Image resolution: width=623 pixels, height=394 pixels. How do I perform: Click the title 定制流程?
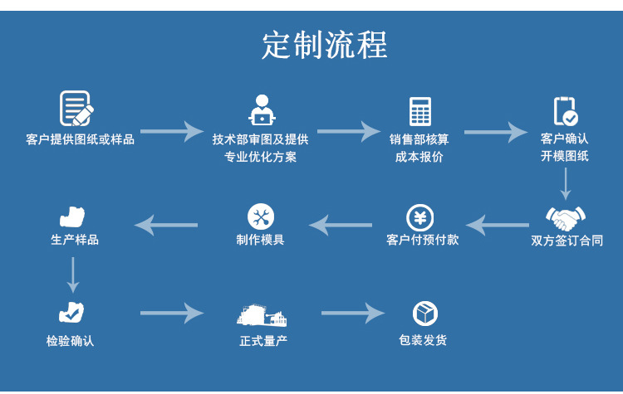(324, 45)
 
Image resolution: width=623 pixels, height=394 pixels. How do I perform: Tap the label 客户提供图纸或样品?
(81, 139)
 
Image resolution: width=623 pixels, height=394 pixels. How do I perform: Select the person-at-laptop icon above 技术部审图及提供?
(262, 109)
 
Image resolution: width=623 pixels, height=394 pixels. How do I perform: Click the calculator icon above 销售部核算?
(420, 111)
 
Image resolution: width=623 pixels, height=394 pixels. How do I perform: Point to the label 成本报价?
(419, 157)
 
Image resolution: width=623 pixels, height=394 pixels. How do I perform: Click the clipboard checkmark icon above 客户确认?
(565, 111)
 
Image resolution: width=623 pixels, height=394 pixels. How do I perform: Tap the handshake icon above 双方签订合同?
(566, 218)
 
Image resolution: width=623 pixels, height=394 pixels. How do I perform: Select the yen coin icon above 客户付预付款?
(420, 218)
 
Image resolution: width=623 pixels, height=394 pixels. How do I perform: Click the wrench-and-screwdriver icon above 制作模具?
(261, 217)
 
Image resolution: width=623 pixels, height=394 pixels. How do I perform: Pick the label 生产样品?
(75, 240)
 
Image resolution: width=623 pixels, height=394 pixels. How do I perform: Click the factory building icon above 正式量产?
(262, 314)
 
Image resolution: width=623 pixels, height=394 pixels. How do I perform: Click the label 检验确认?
(71, 341)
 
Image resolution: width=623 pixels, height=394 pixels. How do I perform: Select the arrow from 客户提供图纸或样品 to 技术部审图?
(171, 131)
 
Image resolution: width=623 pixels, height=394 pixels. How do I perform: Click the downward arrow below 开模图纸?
(565, 183)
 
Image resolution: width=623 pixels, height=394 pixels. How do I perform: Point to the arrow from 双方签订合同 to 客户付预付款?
(497, 224)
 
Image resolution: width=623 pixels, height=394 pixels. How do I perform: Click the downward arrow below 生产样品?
(73, 275)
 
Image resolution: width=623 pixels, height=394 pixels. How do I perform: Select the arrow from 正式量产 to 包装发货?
(352, 314)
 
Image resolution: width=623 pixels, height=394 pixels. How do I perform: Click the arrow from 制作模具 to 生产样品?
(166, 224)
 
